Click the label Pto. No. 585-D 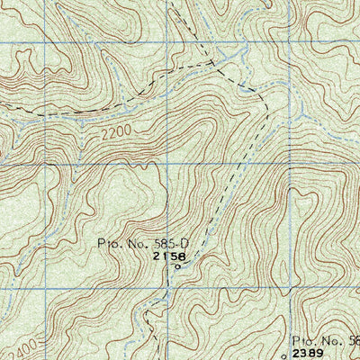pyautogui.click(x=145, y=243)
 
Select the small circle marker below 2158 pyautogui.click(x=177, y=265)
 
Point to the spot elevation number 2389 pyautogui.click(x=309, y=354)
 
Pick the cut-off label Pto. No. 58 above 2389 pyautogui.click(x=325, y=341)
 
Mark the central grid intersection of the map pyautogui.click(x=167, y=165)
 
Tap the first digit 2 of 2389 pyautogui.click(x=296, y=354)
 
